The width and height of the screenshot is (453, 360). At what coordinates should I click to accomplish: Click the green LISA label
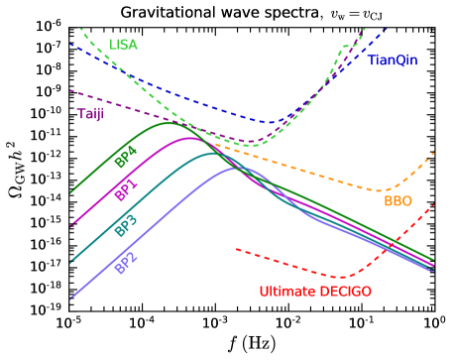click(123, 45)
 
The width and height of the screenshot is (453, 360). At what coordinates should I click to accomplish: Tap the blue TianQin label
click(393, 60)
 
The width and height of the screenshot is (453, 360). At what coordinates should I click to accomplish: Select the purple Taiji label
click(91, 114)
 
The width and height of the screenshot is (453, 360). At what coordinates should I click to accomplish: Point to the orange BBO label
click(397, 200)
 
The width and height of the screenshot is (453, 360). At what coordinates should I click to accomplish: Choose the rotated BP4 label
click(125, 156)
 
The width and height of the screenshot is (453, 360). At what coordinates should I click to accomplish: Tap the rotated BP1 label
click(125, 190)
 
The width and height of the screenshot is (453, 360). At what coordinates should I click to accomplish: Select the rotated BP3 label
click(125, 225)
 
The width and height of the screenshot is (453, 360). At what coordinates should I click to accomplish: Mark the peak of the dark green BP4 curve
click(170, 122)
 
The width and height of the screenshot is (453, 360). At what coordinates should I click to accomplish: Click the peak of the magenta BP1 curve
click(192, 138)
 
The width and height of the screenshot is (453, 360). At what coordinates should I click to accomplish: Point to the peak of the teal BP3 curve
click(212, 154)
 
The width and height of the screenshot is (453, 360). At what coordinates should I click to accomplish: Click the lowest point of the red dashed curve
click(341, 277)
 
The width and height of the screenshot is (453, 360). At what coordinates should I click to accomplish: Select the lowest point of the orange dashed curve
click(380, 190)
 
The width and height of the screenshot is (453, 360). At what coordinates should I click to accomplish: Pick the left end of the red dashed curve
click(236, 248)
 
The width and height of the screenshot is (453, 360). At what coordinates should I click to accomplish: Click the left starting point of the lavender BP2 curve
click(71, 297)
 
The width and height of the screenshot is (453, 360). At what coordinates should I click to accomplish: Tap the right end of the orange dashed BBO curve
click(434, 152)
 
